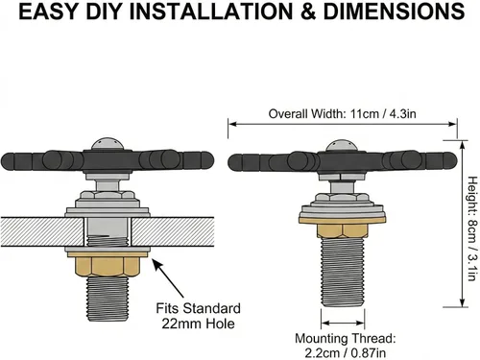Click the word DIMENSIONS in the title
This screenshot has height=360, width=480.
click(394, 12)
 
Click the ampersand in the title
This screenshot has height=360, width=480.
click(307, 12)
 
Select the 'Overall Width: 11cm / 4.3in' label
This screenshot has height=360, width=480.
click(342, 114)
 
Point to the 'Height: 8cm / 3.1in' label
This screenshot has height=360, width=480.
click(472, 228)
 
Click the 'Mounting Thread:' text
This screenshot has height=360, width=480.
click(345, 339)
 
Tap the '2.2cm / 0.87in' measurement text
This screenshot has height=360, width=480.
click(345, 353)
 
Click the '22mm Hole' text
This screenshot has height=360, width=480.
click(198, 324)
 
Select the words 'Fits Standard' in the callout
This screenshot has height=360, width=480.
click(198, 308)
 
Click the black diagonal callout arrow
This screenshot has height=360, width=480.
click(167, 277)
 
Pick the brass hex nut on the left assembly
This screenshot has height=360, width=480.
click(108, 266)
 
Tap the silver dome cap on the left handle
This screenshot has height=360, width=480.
click(108, 144)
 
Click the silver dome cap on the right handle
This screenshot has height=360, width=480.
click(342, 146)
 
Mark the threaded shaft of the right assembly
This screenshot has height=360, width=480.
click(342, 273)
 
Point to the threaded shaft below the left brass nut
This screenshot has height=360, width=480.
click(108, 300)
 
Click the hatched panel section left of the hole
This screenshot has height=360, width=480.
click(42, 232)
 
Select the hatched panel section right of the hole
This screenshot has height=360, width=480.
click(173, 232)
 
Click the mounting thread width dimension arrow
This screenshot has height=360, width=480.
click(343, 323)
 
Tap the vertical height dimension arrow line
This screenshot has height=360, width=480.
click(462, 224)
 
